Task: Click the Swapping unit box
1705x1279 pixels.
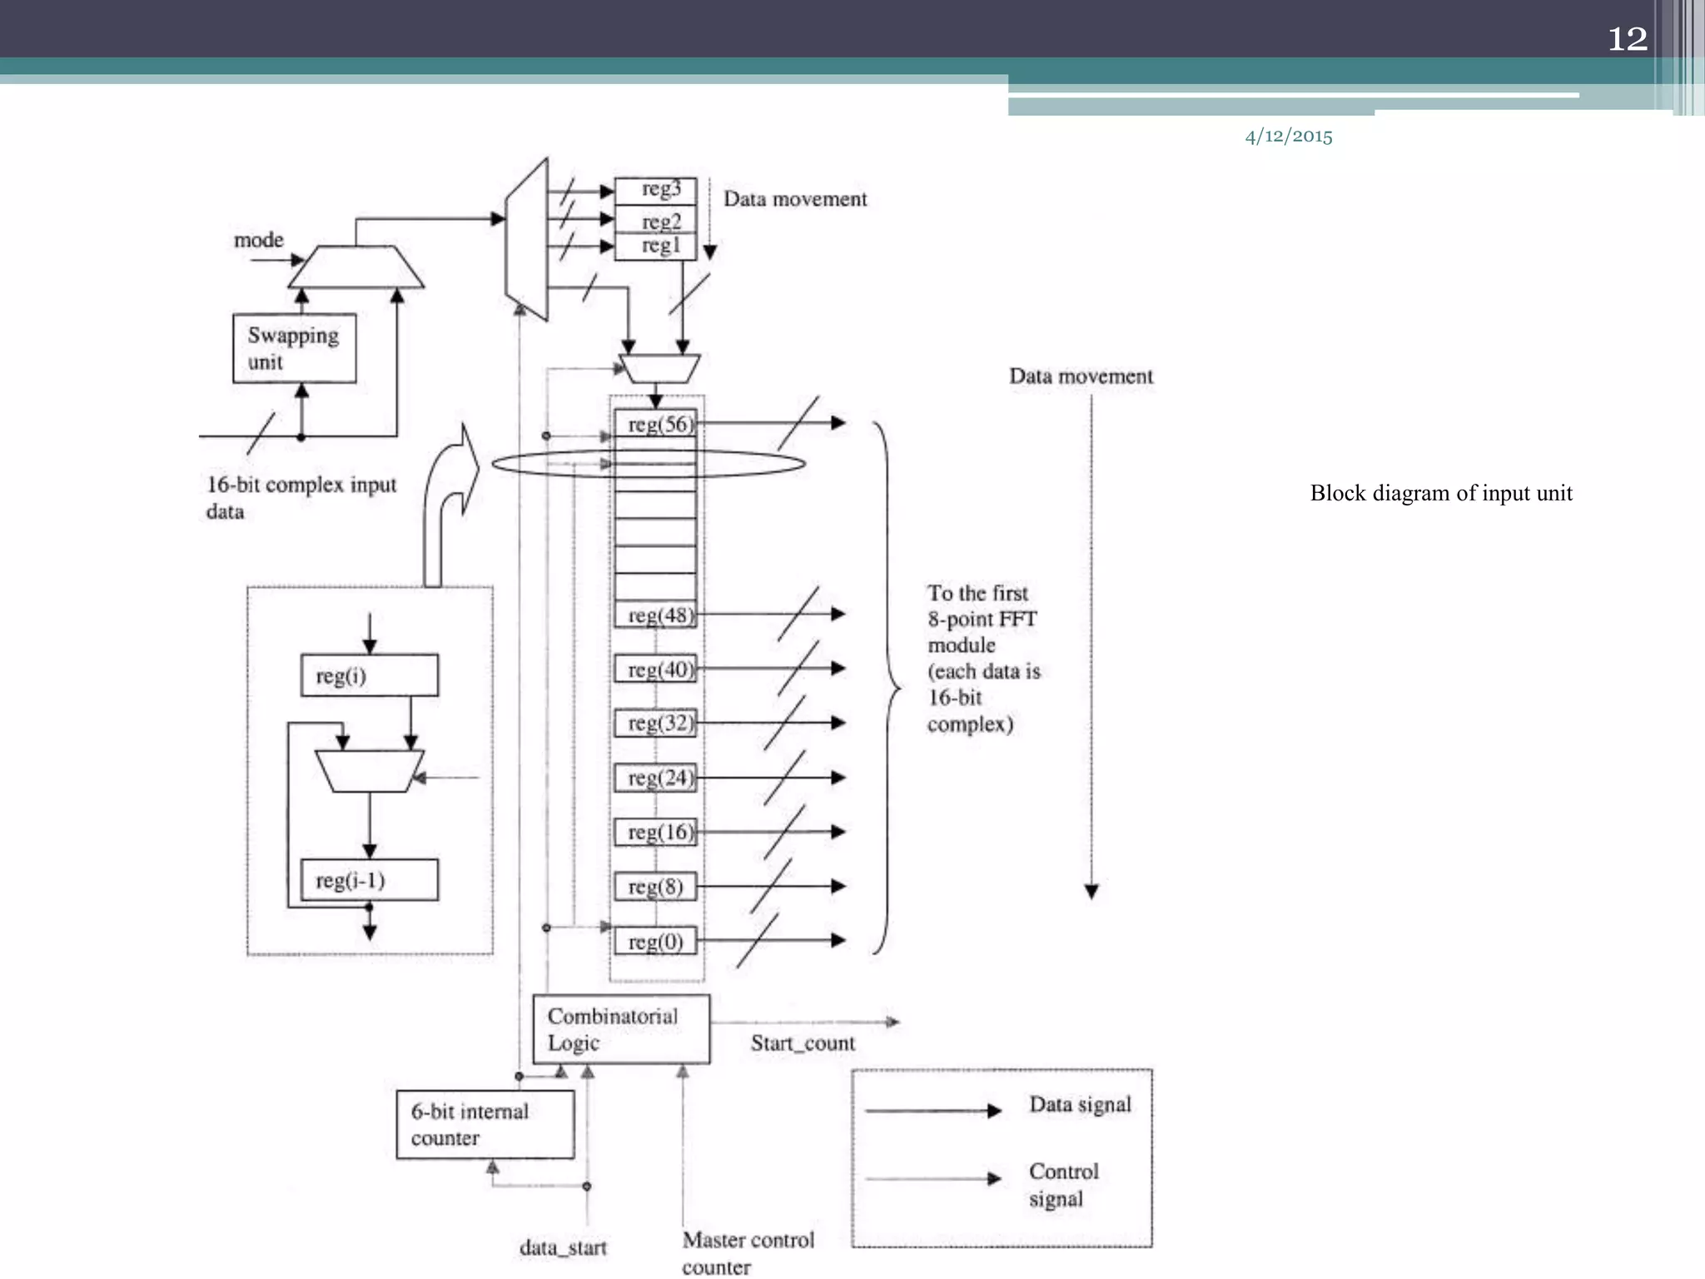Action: coord(294,348)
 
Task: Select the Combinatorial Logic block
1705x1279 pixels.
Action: coord(621,1029)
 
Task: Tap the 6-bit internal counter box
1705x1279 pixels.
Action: coord(485,1125)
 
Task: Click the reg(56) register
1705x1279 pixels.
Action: coord(656,424)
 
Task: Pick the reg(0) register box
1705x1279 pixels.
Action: coord(655,942)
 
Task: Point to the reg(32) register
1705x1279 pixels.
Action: coord(655,723)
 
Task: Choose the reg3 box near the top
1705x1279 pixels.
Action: coord(655,190)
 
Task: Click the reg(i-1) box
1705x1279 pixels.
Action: coord(369,880)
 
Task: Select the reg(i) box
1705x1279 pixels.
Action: coord(369,675)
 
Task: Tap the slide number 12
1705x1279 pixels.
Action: coord(1627,39)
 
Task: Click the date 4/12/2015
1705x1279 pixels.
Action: coord(1288,137)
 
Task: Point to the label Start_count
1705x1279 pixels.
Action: coord(803,1043)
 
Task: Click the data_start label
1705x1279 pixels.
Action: coord(563,1247)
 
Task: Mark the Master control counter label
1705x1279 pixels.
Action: coord(747,1252)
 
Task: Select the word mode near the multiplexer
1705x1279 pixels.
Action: coord(258,240)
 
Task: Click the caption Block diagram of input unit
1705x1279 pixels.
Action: coord(1441,493)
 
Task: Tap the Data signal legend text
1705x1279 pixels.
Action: coord(1080,1105)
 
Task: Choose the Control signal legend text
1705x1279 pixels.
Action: coord(1063,1185)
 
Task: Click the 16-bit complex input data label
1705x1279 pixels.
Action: coord(300,497)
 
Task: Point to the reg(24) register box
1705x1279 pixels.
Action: coord(655,778)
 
